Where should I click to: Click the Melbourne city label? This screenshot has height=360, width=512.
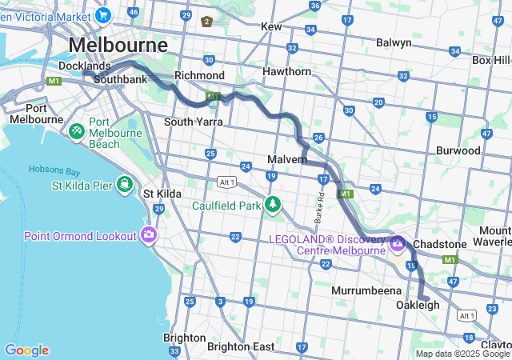[118, 44]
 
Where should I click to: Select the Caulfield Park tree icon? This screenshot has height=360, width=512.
[274, 205]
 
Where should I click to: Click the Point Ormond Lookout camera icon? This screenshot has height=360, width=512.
[148, 235]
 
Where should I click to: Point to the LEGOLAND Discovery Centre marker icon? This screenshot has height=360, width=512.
[398, 243]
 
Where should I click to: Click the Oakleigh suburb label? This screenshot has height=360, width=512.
[418, 306]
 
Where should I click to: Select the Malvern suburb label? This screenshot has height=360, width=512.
[287, 159]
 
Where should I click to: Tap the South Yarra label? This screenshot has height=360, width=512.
[193, 122]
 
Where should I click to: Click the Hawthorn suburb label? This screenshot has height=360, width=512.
[286, 71]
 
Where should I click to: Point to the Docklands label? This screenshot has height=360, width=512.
[84, 66]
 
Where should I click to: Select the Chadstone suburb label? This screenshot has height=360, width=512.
[462, 243]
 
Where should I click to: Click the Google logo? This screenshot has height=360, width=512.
[26, 350]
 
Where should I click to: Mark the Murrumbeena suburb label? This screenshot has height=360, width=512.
[363, 289]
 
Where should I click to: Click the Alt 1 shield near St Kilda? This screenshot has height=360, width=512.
[226, 182]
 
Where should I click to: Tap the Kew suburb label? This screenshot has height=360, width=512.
[271, 26]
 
